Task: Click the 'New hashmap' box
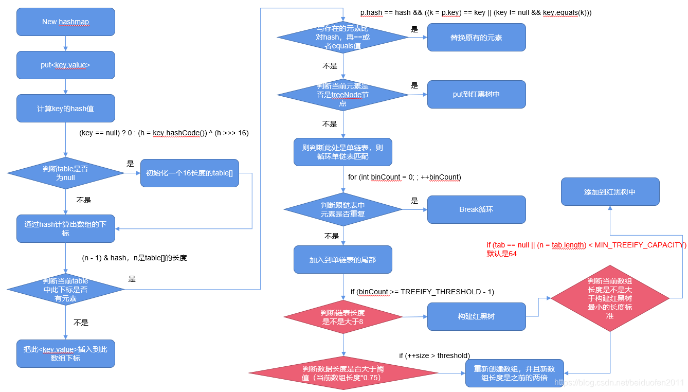[x=65, y=22]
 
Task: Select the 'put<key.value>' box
[x=65, y=65]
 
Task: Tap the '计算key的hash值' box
[x=65, y=109]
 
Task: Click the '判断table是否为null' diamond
[x=65, y=173]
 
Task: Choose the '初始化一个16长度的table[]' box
[x=189, y=173]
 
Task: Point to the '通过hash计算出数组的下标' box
[x=65, y=228]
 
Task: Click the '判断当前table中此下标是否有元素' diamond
[x=65, y=289]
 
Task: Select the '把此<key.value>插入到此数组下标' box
[x=65, y=353]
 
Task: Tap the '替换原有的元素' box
[x=476, y=37]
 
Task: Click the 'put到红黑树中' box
[x=476, y=94]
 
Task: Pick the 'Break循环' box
[x=476, y=209]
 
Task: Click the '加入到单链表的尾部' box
[x=343, y=259]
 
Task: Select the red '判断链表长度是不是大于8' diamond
[x=343, y=317]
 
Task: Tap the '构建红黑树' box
[x=476, y=316]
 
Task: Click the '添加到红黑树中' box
[x=610, y=192]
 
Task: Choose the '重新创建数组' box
[x=514, y=373]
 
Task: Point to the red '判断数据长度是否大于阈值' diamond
[x=343, y=373]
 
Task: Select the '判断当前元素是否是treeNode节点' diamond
[x=343, y=95]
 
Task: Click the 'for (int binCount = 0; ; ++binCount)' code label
[x=404, y=177]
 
